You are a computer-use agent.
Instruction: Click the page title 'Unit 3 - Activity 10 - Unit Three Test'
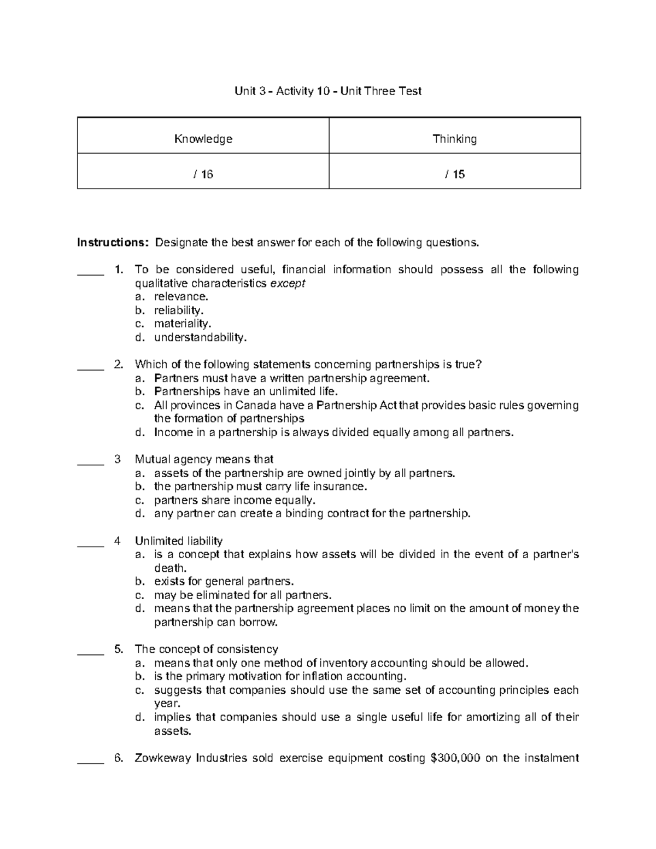[x=328, y=91]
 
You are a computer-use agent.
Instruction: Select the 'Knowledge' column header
[x=203, y=139]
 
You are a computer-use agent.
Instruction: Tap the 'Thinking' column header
[x=455, y=139]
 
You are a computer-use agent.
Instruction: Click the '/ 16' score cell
[x=203, y=174]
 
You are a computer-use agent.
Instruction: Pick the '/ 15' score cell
[x=455, y=174]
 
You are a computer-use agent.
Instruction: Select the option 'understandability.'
[x=200, y=337]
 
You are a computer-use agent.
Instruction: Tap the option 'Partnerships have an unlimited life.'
[x=246, y=391]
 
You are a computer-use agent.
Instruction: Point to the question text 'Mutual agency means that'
[x=204, y=459]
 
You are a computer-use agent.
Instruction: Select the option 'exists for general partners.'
[x=224, y=581]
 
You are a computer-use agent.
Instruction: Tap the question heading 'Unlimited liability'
[x=179, y=541]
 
